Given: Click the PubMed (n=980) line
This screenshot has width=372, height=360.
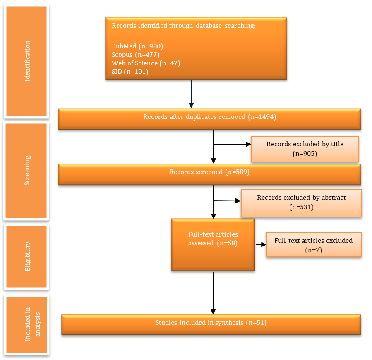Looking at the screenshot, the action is [137, 46].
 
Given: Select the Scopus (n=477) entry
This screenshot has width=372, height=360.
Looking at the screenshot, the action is [135, 55].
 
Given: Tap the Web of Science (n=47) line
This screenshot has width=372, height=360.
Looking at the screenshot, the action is [146, 63].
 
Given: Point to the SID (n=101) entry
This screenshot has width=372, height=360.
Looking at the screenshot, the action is [130, 72].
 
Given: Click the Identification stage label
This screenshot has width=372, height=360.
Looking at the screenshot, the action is [28, 61].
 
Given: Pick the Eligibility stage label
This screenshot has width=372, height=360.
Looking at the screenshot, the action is [28, 256].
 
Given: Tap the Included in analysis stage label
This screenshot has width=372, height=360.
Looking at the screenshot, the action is [33, 324].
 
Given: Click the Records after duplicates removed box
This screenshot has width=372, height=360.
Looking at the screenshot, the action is [209, 119].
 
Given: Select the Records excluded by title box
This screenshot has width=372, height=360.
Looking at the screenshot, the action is [305, 149].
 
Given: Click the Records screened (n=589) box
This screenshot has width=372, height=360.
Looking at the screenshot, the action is [209, 174].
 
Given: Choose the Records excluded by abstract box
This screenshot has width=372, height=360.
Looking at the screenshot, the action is [301, 203].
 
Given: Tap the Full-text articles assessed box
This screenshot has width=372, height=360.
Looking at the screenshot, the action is [213, 244].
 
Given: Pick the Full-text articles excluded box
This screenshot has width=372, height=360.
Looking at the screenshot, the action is [314, 244].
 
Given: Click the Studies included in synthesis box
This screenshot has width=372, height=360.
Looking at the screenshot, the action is [211, 325].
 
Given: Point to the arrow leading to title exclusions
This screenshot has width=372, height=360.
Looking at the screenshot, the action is [232, 144].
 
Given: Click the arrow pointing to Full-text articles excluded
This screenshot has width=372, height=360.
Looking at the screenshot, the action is [261, 244].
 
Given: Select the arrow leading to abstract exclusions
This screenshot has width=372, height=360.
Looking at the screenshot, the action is [227, 201].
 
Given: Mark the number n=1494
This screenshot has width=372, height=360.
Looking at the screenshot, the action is [262, 117].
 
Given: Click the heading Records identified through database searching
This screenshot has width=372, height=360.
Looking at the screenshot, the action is [184, 26].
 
